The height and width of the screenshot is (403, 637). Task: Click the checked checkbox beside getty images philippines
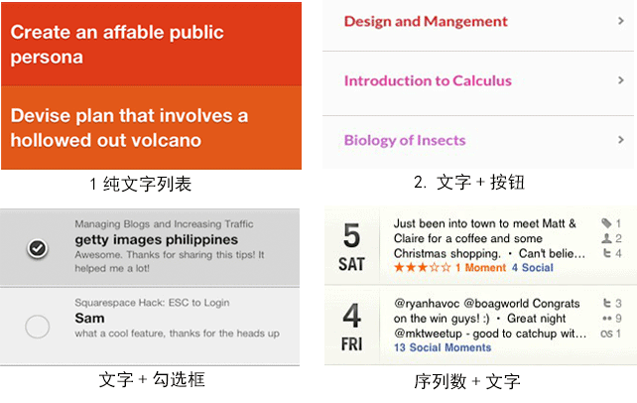[x=38, y=248]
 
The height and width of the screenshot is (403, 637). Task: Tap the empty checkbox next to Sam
[x=38, y=327]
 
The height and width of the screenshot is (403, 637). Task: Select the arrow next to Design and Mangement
[x=621, y=21]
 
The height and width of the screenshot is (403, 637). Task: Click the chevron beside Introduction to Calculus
[x=621, y=80]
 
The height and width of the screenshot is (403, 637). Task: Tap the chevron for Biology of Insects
[x=621, y=140]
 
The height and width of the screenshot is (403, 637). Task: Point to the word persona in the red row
[x=47, y=58]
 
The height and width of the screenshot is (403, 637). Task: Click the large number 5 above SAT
[x=352, y=235]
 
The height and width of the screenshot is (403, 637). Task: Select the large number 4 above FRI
[x=352, y=316]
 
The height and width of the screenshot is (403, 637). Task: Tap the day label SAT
[x=352, y=264]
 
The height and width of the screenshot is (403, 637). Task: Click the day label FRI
[x=352, y=344]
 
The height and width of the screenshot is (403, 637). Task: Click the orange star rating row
[x=423, y=267]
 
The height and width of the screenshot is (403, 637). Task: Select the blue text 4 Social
[x=533, y=268]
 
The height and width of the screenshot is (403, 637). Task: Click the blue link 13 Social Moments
[x=443, y=347]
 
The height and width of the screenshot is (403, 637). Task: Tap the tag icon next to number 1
[x=606, y=223]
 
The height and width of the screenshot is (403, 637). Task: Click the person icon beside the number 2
[x=606, y=238]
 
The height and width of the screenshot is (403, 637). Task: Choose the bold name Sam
[x=89, y=318]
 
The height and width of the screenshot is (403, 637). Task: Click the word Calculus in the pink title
[x=482, y=80]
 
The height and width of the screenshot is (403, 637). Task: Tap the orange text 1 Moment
[x=480, y=268]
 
